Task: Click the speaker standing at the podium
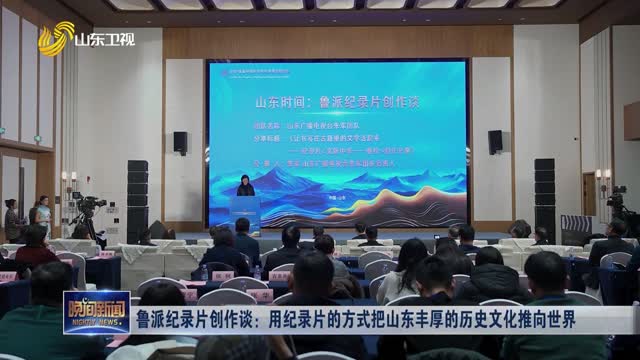(243, 189)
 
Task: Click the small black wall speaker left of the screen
(180, 142)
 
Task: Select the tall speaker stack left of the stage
(137, 200)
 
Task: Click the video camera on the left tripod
(89, 206)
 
